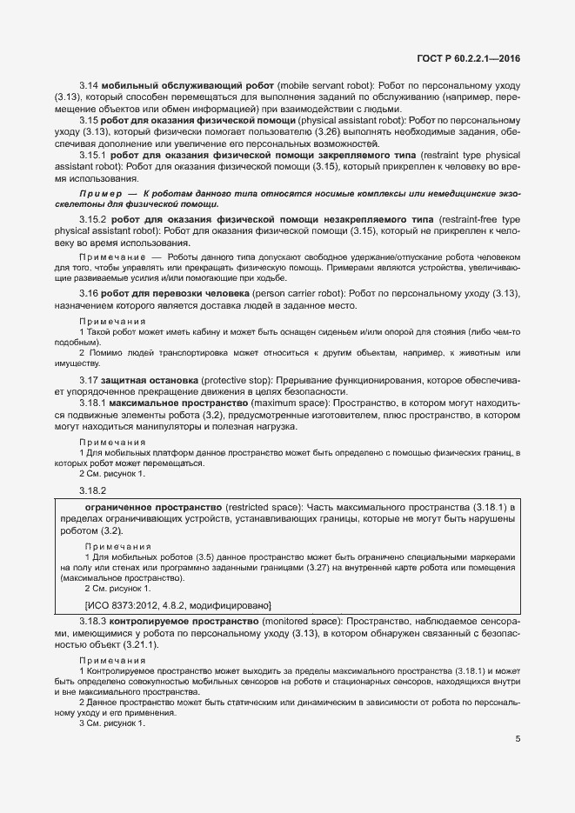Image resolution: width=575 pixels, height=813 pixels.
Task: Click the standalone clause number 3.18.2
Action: pos(92,491)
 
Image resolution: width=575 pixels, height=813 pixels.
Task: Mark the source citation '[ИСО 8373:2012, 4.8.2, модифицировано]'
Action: pos(177,604)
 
